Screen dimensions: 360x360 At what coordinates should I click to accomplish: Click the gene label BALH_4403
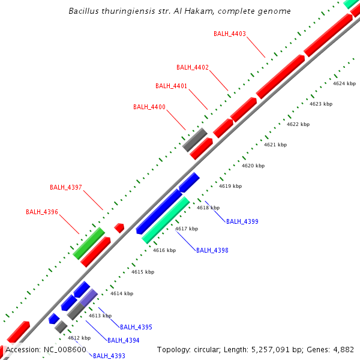[230, 34]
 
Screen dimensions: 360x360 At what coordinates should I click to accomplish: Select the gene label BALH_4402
[193, 67]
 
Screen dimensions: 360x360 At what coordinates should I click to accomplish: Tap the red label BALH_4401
[171, 86]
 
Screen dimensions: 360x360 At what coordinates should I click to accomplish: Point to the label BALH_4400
[149, 107]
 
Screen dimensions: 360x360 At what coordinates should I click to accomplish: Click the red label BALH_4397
[66, 187]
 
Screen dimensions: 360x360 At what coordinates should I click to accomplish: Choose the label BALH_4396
[42, 212]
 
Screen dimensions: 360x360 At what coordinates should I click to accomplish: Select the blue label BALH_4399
[242, 221]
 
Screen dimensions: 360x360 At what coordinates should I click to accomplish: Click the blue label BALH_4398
[212, 250]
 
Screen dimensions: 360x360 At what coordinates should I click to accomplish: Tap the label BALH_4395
[136, 327]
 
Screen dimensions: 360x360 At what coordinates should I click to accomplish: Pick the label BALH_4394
[124, 340]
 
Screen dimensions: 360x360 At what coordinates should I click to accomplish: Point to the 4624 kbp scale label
[344, 83]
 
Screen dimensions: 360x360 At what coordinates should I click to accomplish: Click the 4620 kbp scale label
[253, 166]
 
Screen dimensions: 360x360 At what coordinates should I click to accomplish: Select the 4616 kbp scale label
[164, 250]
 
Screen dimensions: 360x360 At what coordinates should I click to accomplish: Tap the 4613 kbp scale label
[100, 316]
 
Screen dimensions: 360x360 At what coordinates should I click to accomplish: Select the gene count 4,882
[344, 349]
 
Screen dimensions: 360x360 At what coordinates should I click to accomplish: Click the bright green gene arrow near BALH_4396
[89, 243]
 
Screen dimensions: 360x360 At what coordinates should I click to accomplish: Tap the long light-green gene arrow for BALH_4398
[166, 220]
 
